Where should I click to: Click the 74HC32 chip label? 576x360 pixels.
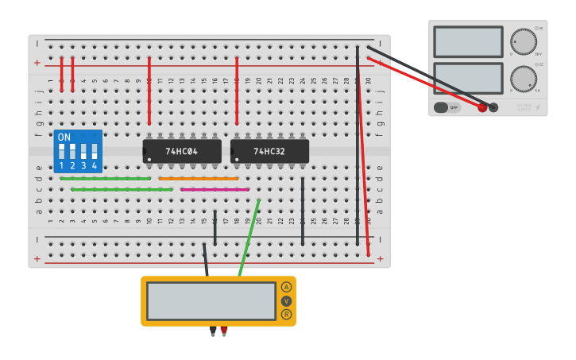pos(269,151)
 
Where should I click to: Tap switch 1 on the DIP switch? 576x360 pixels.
pos(61,151)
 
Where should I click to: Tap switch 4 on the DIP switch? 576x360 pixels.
pos(95,151)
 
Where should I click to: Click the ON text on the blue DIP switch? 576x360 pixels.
pos(64,137)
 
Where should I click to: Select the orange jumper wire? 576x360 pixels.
pos(199,179)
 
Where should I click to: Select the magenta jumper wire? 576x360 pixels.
pos(215,190)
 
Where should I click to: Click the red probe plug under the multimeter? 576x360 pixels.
pos(224,330)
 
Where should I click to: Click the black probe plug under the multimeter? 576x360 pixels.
pos(212,330)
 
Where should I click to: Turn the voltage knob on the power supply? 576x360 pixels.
pos(523,41)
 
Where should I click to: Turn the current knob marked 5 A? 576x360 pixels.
pos(523,79)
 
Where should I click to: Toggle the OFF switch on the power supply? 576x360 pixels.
pos(446,107)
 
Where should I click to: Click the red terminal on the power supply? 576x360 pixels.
pos(482,107)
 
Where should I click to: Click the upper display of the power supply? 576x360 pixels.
pos(468,41)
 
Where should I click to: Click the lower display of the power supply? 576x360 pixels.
pos(468,79)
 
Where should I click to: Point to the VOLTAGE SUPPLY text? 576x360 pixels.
pos(524,106)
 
